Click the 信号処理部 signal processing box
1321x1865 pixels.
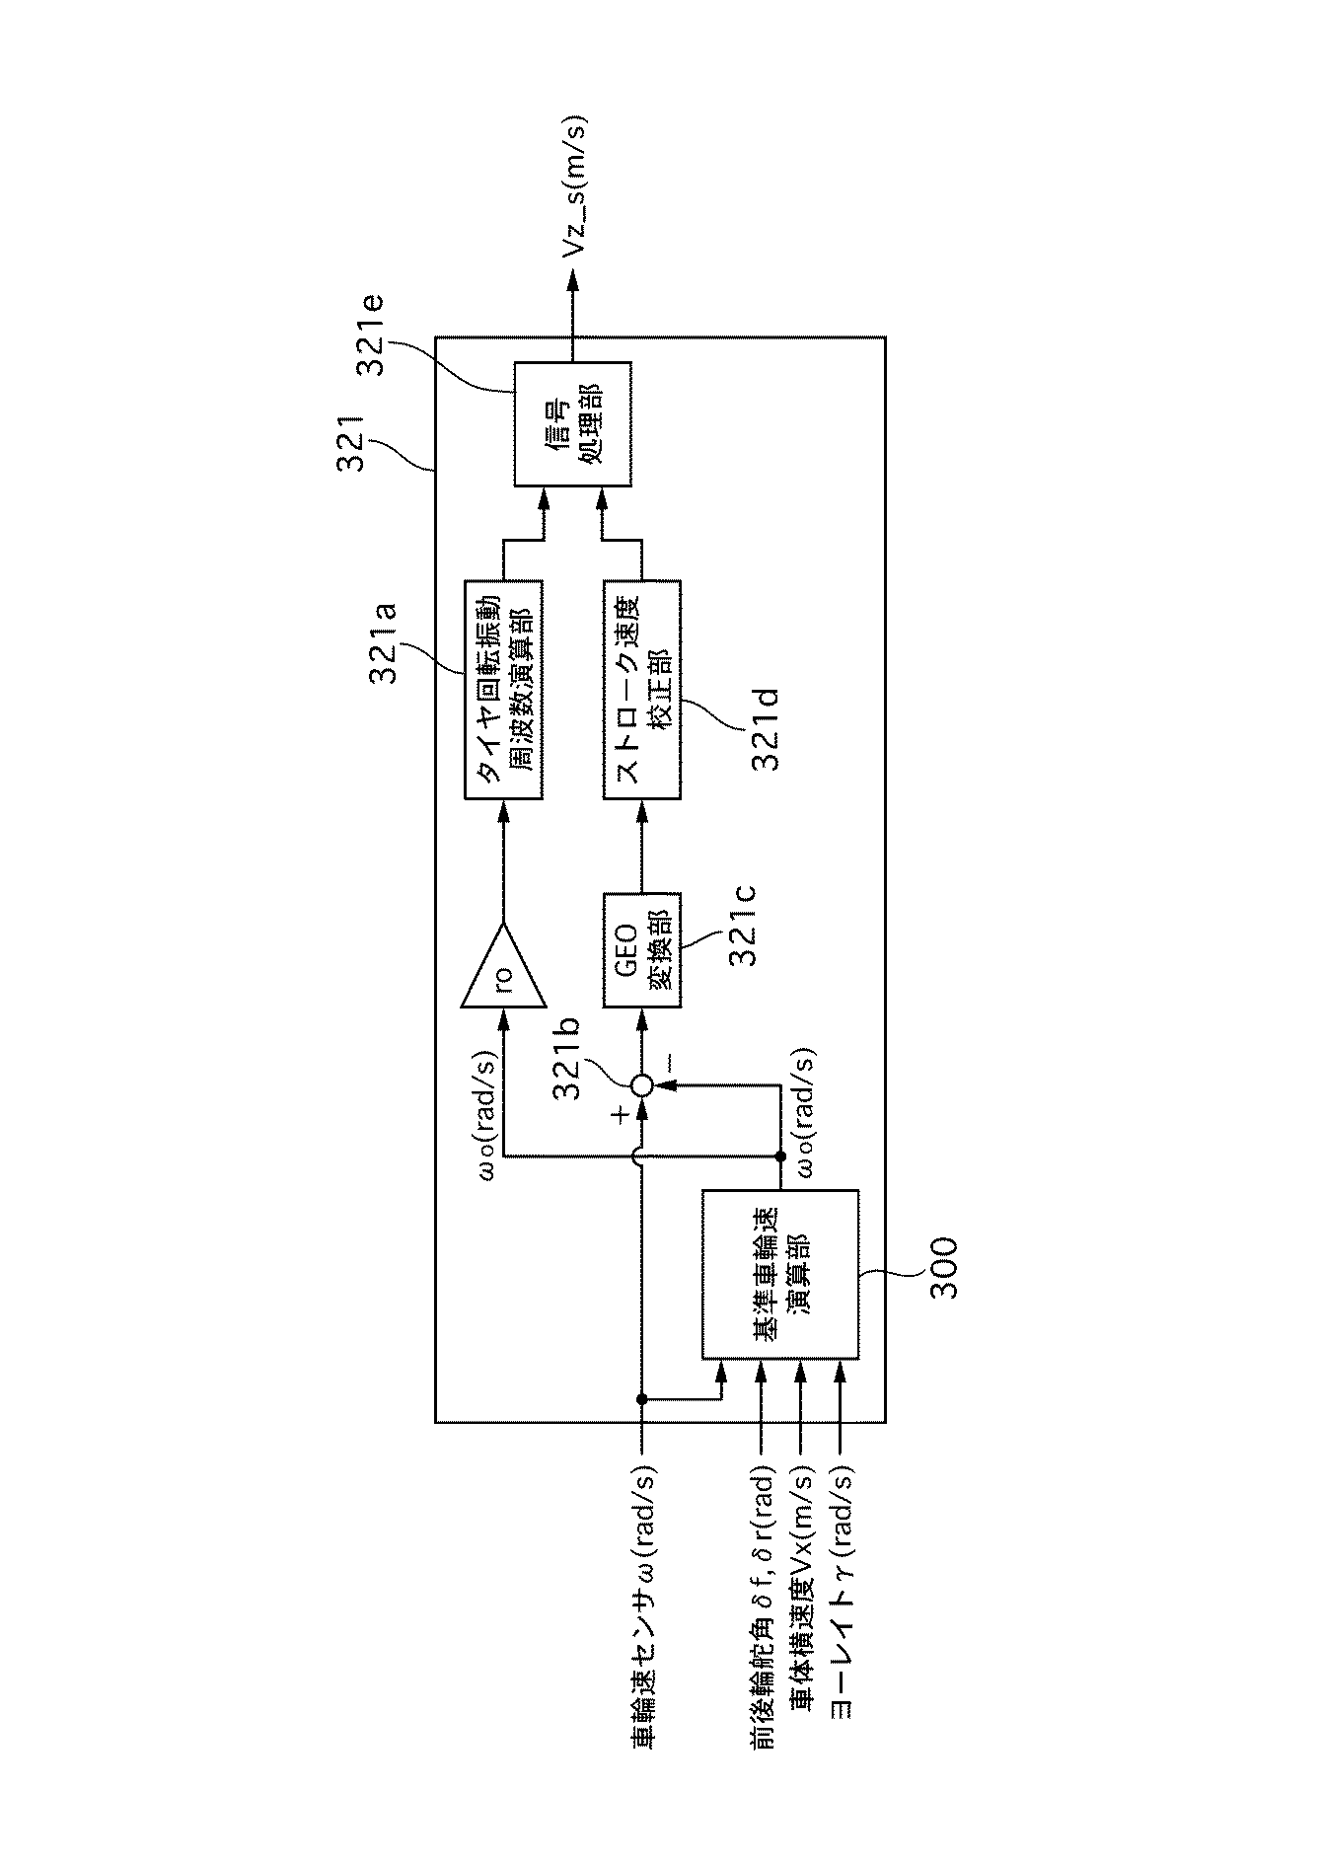click(572, 423)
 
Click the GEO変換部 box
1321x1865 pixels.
click(641, 949)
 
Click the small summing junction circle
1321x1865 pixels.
click(641, 1085)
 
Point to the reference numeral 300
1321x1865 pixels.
click(944, 1268)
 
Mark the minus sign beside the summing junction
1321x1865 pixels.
click(667, 1062)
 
